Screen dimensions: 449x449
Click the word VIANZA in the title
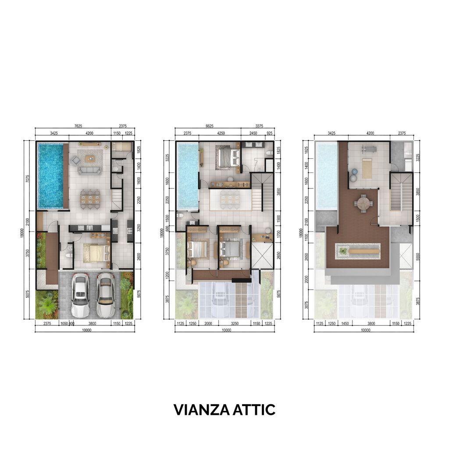pyautogui.click(x=199, y=410)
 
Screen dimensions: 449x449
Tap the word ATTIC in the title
pyautogui.click(x=252, y=410)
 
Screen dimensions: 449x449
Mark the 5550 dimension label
pyautogui.click(x=418, y=253)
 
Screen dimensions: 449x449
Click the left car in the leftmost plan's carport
pyautogui.click(x=80, y=295)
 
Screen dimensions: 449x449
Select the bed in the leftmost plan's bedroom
pyautogui.click(x=96, y=253)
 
